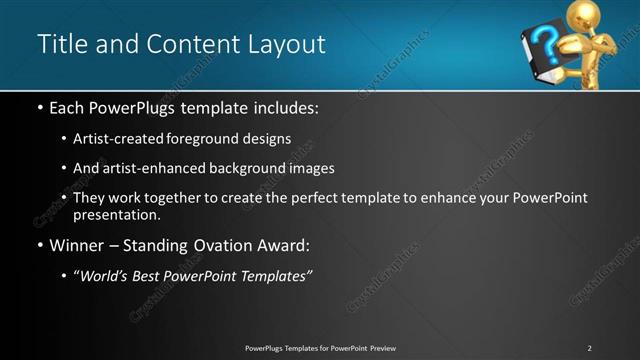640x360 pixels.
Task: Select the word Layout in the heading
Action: (286, 45)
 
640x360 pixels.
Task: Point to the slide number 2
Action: (589, 347)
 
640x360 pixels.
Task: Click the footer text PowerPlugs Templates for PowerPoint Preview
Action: (320, 347)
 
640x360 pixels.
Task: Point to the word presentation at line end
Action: (115, 214)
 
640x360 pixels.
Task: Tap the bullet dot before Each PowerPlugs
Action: (39, 105)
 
